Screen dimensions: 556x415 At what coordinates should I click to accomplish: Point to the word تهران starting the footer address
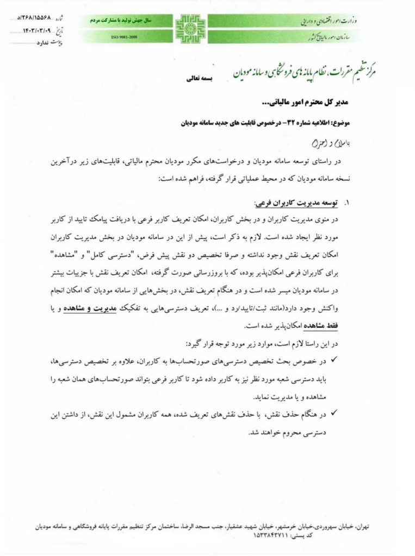click(x=362, y=527)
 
